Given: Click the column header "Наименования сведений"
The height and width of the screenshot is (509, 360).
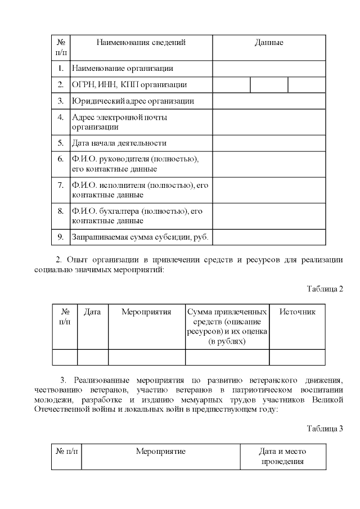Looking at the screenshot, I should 141,42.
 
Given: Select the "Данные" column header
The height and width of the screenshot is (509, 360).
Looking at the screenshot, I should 269,42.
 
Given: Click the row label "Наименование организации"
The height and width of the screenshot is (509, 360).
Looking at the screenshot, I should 122,69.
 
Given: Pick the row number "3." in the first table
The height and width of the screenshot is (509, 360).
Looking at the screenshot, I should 60,101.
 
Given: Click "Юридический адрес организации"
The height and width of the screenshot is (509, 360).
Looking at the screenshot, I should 133,101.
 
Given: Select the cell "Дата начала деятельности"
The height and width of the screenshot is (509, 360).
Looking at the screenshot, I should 119,143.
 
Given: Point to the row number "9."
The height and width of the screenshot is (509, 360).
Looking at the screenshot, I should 60,237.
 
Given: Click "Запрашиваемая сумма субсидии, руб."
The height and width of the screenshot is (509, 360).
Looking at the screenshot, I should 140,237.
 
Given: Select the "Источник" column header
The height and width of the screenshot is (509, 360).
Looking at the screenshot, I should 298,312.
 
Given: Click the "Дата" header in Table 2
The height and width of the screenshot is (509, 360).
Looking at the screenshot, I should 92,312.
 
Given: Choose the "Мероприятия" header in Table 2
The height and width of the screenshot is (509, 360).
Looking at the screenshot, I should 146,312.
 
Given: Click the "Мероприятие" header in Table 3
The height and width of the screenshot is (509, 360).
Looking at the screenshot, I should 160,451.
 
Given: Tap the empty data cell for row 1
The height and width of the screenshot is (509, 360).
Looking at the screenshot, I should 269,69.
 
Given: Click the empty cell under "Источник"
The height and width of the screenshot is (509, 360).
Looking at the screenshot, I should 298,357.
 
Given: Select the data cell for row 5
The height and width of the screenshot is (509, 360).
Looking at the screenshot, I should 269,143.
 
